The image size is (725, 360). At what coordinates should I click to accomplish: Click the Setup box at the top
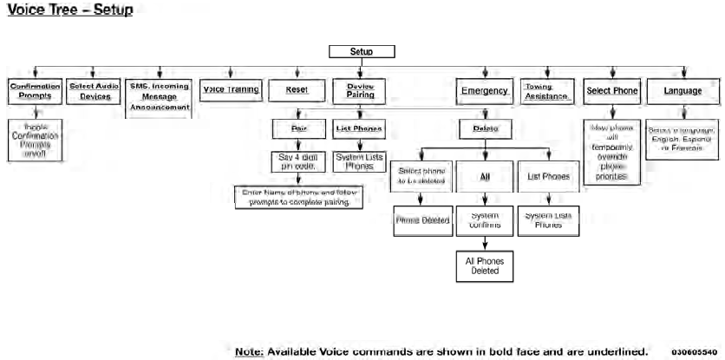pyautogui.click(x=362, y=51)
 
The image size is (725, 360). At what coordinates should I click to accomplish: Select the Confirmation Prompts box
pyautogui.click(x=35, y=90)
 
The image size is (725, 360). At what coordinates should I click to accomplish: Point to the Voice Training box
pyautogui.click(x=230, y=89)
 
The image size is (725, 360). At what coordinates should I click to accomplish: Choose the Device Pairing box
pyautogui.click(x=360, y=90)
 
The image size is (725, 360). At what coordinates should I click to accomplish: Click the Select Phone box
pyautogui.click(x=611, y=89)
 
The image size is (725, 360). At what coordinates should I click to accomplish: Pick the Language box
pyautogui.click(x=683, y=89)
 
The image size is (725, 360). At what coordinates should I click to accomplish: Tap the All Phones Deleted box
pyautogui.click(x=484, y=265)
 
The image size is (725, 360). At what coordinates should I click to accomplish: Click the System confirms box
pyautogui.click(x=484, y=219)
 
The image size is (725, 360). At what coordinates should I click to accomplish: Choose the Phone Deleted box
pyautogui.click(x=422, y=219)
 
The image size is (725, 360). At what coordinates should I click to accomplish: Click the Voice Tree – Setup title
pyautogui.click(x=69, y=11)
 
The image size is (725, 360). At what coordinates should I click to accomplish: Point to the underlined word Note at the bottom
pyautogui.click(x=251, y=351)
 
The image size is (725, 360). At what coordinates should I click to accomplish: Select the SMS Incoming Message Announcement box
pyautogui.click(x=158, y=96)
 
